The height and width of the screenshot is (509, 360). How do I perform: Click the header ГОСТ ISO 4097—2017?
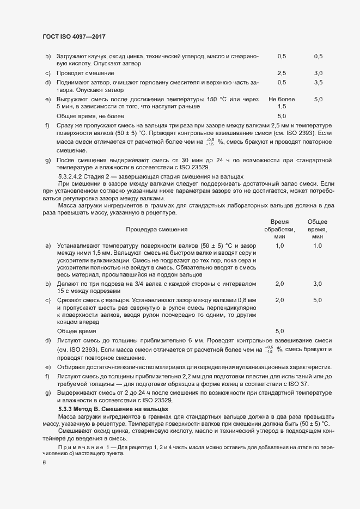point(74,36)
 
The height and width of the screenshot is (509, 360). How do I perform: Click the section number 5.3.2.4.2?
point(75,176)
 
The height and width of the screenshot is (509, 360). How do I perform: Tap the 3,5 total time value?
point(318,82)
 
